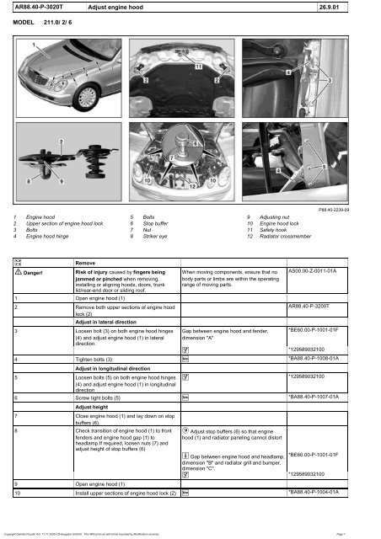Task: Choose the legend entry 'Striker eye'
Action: (156, 238)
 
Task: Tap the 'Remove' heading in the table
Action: (87, 262)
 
